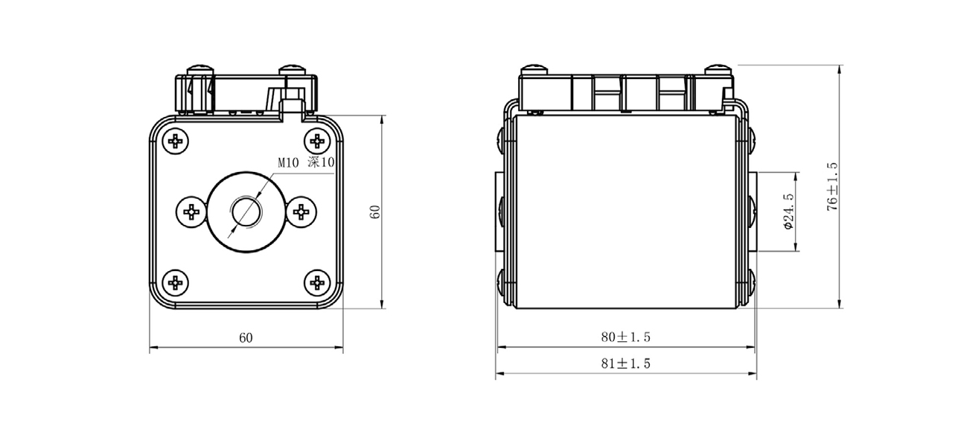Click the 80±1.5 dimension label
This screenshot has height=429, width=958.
pos(626,337)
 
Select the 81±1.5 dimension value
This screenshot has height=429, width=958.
pos(626,363)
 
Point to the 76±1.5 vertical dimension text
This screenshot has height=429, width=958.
pos(832,187)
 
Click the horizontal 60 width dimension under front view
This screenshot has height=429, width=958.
pos(246,337)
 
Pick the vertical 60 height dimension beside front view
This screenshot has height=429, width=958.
pos(375,212)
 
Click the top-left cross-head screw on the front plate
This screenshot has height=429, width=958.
pos(176,141)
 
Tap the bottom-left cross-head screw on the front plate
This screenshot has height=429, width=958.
pos(176,282)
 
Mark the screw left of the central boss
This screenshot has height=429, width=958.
pos(191,212)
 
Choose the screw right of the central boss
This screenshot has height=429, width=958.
pos(301,212)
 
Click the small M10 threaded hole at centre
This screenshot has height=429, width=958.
pos(246,212)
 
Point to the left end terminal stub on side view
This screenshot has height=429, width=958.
pos(496,212)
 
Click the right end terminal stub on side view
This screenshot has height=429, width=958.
pos(754,212)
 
